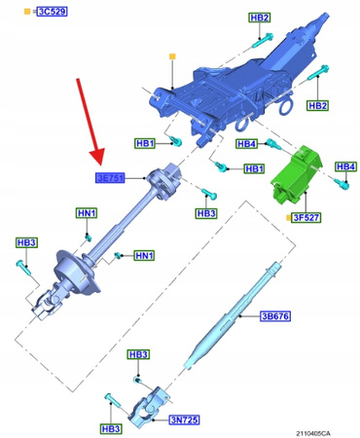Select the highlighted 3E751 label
[111, 178]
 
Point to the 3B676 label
[275, 316]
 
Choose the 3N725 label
[186, 420]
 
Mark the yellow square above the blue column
[171, 57]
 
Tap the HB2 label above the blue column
[260, 17]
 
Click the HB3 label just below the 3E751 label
[206, 212]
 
